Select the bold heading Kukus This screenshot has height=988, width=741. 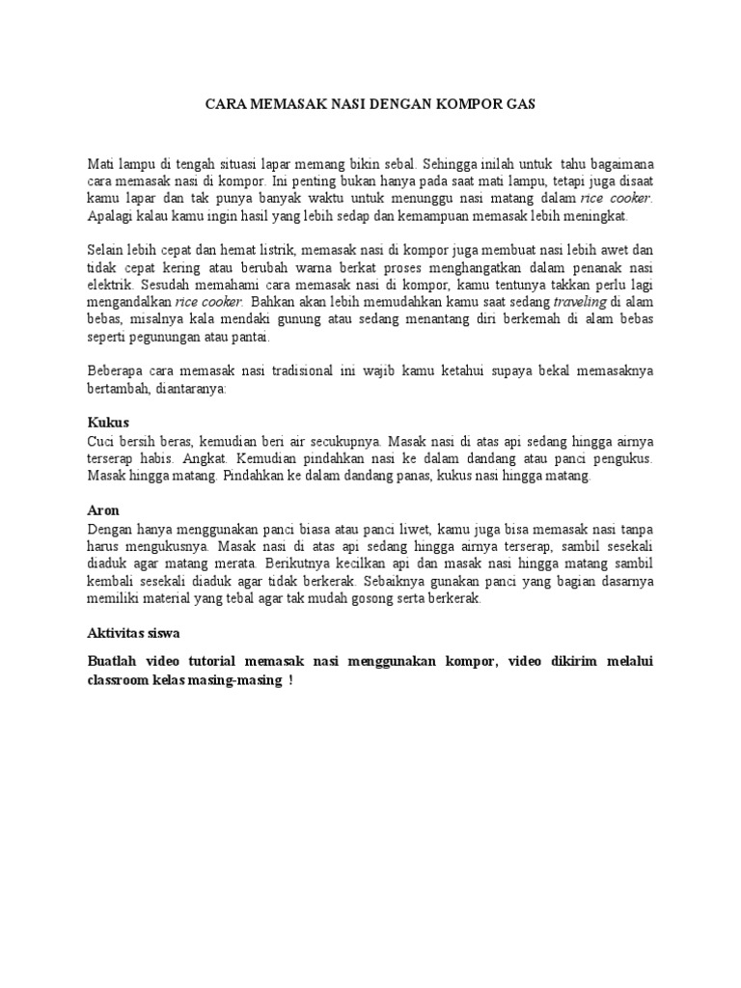(x=107, y=423)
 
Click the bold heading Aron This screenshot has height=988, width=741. (x=104, y=510)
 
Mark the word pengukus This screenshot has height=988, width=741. (x=621, y=459)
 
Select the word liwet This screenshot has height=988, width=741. (x=412, y=529)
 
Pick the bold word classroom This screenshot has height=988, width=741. (x=123, y=679)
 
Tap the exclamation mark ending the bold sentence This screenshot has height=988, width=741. (x=290, y=679)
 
